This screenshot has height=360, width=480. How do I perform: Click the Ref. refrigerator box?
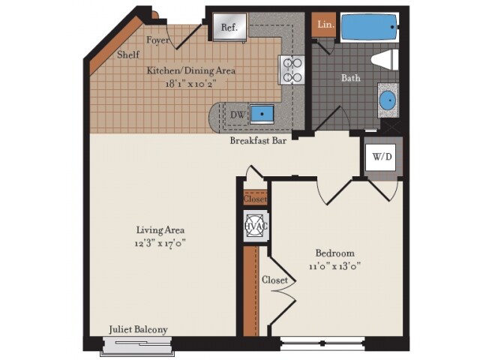[x=229, y=27]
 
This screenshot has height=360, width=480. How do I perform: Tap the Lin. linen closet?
[x=325, y=25]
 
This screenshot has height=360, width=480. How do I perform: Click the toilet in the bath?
[x=385, y=60]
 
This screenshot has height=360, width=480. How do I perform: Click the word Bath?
[x=351, y=77]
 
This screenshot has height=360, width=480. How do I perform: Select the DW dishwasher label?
[x=237, y=114]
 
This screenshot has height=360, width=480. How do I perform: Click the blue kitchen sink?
[x=262, y=114]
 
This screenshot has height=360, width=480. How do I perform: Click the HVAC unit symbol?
[x=252, y=226]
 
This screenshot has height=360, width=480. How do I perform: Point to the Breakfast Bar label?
[x=259, y=140]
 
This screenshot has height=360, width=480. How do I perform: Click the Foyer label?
[x=157, y=40]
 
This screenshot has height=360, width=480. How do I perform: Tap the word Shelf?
[x=128, y=55]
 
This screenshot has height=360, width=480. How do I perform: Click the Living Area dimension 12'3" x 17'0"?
[x=160, y=243]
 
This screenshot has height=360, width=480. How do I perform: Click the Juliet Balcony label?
[x=138, y=329]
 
